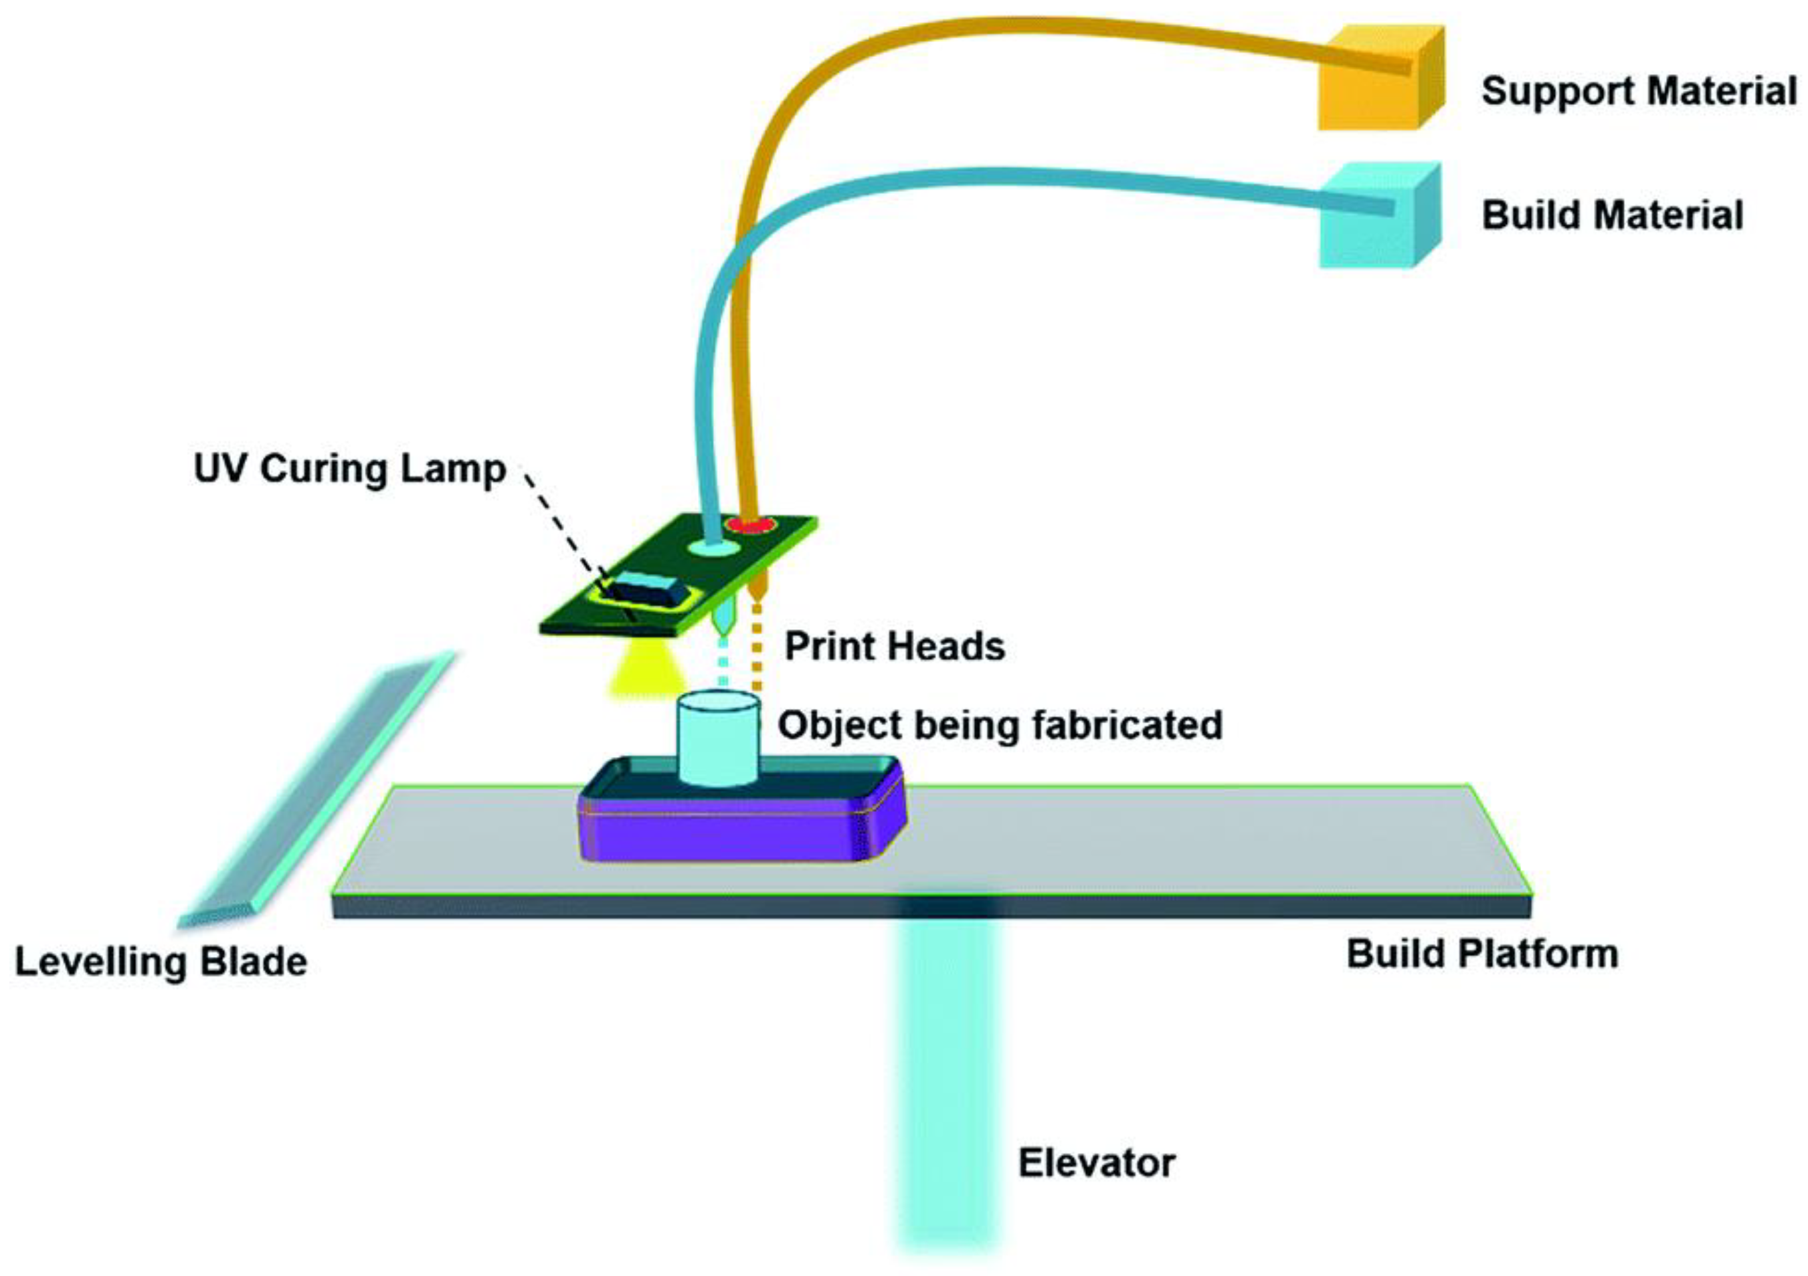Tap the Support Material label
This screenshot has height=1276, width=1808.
[1639, 92]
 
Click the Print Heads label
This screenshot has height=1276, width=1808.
[895, 646]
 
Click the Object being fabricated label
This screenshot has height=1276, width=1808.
[1000, 725]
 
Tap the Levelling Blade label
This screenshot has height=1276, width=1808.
[161, 962]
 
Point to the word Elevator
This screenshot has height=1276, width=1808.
[1096, 1164]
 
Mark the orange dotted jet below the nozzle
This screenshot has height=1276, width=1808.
[757, 645]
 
